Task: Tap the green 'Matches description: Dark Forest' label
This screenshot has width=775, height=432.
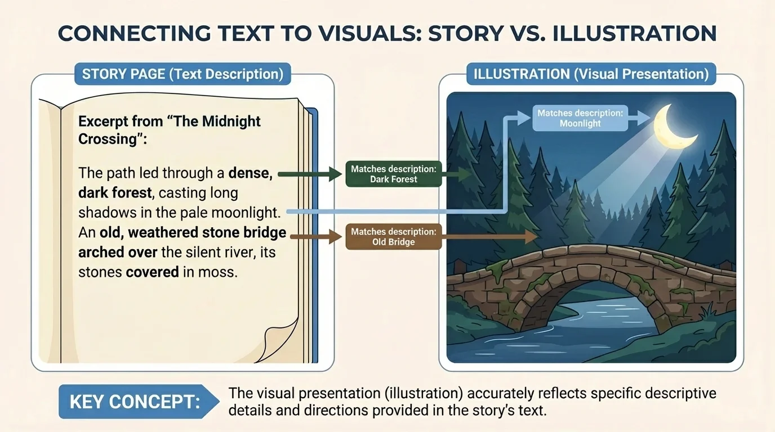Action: (x=393, y=174)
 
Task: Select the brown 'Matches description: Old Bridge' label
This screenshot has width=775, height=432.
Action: (x=393, y=237)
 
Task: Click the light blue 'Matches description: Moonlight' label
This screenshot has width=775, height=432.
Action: (x=580, y=118)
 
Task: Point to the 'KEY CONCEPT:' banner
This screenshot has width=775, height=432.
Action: (x=135, y=402)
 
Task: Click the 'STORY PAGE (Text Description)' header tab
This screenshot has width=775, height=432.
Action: (x=182, y=74)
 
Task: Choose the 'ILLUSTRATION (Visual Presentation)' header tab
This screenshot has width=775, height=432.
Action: (x=591, y=74)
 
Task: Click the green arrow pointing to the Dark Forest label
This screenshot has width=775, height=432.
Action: (x=310, y=175)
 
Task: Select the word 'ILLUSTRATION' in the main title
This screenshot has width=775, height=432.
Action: (x=635, y=34)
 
